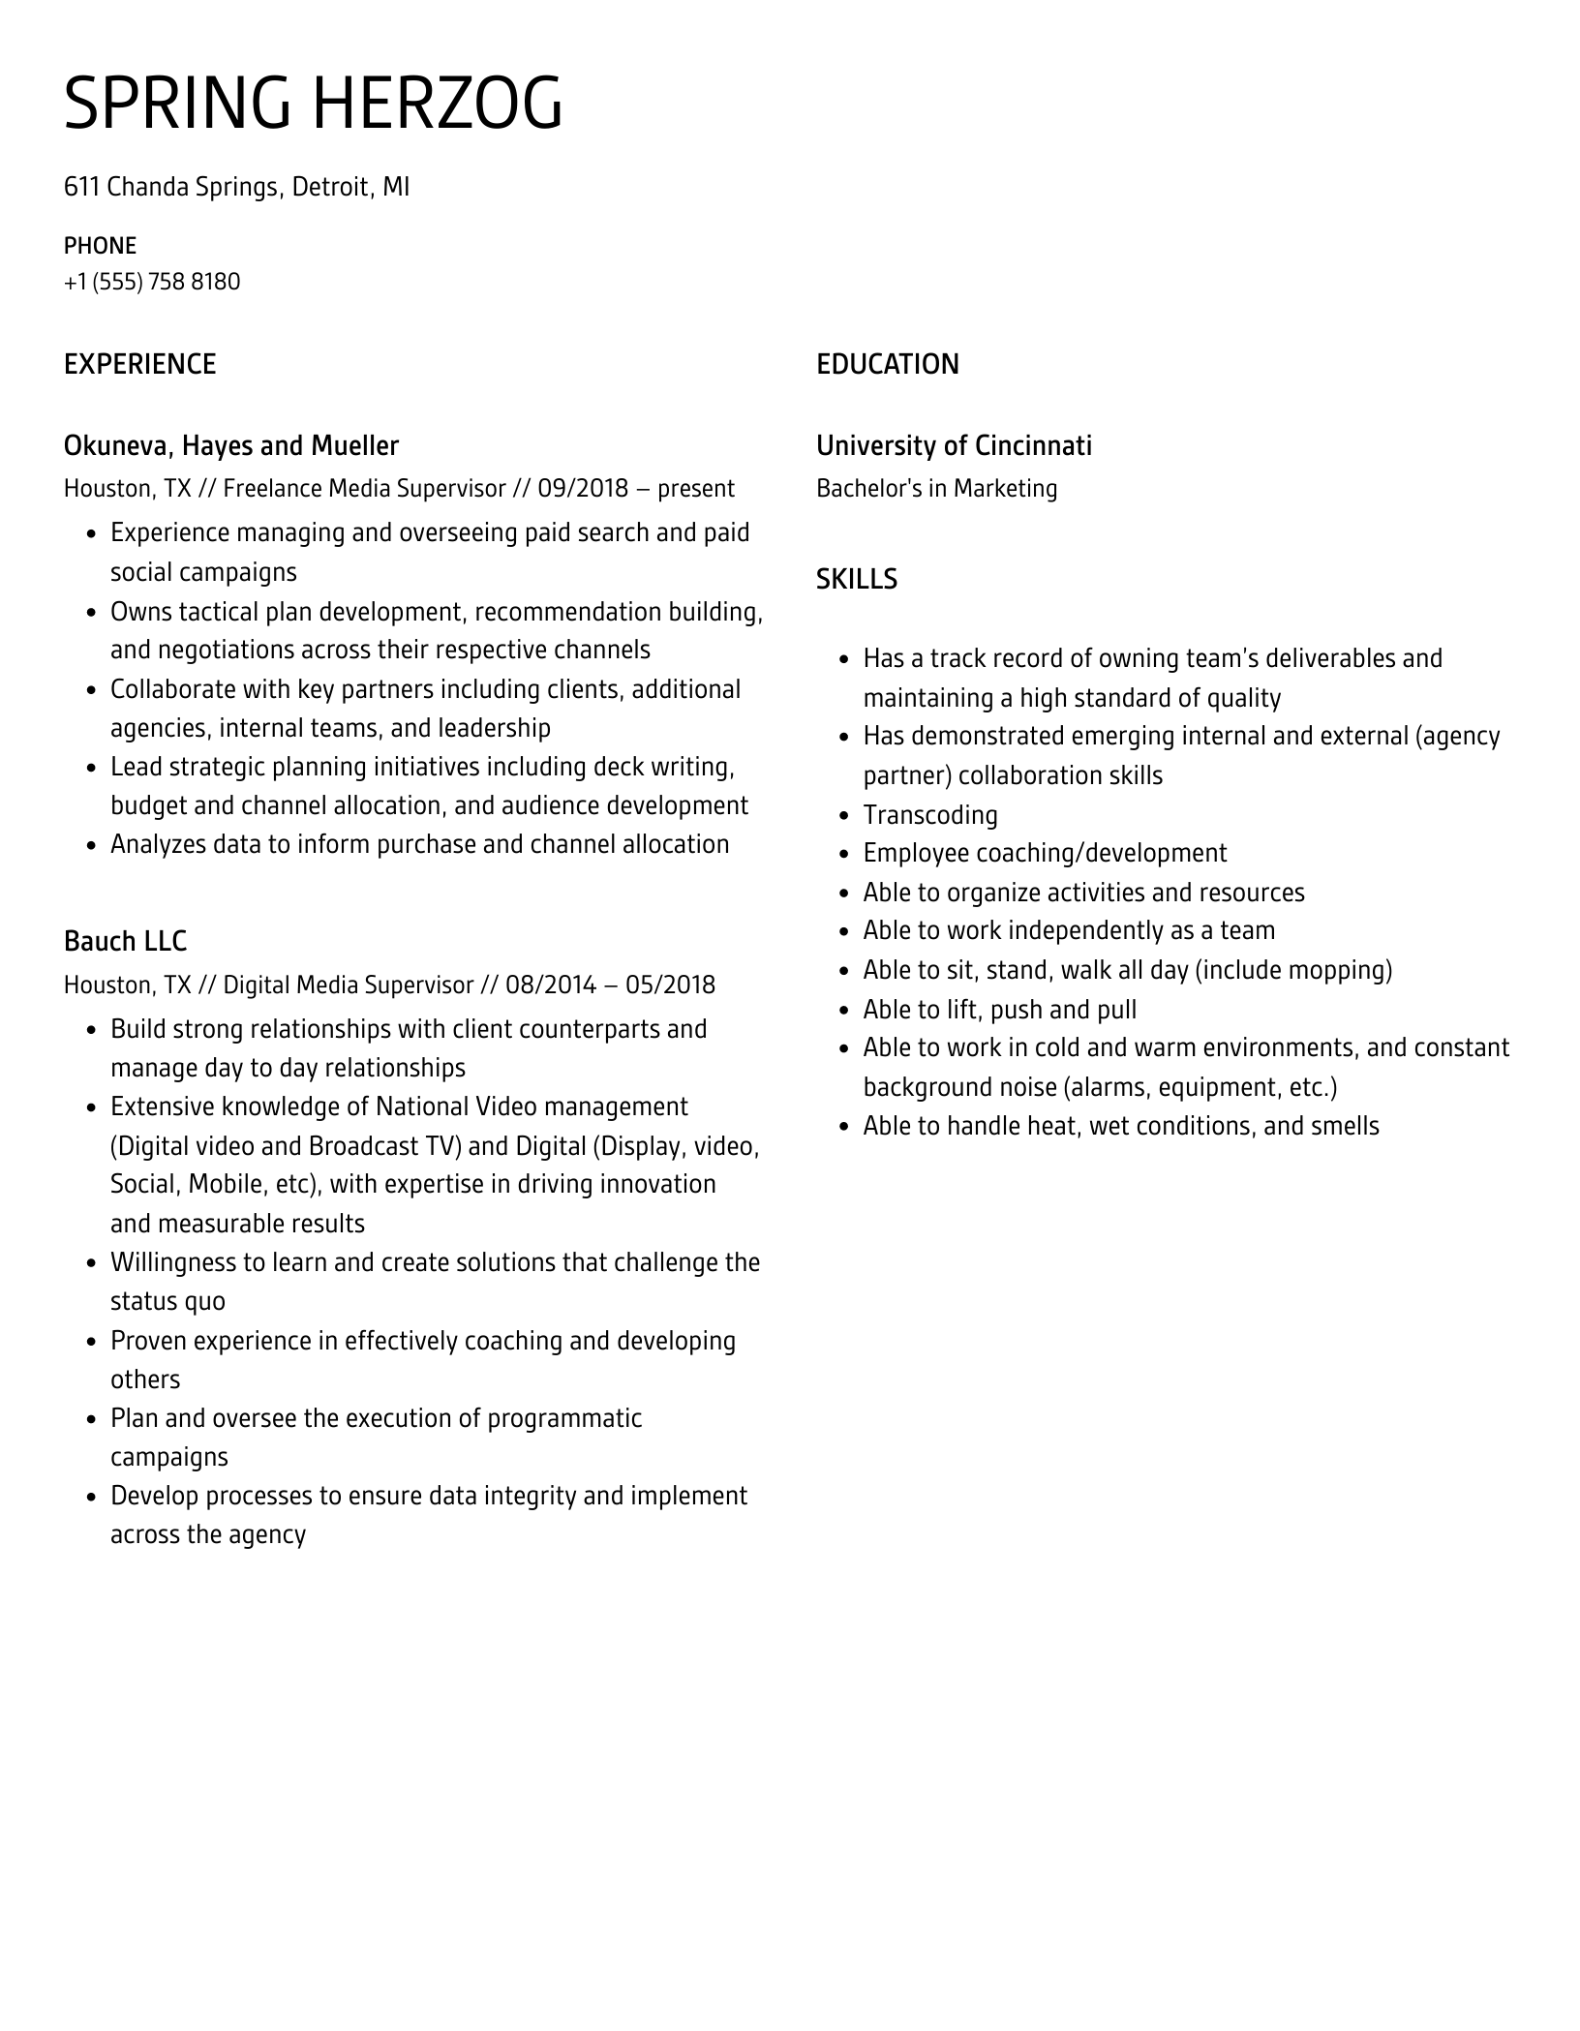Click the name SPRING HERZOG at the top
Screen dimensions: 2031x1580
click(x=313, y=104)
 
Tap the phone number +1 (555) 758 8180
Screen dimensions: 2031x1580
click(x=152, y=282)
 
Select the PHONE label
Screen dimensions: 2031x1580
click(x=100, y=246)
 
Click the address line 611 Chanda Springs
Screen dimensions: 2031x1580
click(x=236, y=187)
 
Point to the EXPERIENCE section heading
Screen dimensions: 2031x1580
click(x=139, y=365)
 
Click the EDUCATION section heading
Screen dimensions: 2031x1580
click(x=887, y=365)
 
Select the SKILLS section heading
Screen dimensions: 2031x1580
click(x=856, y=580)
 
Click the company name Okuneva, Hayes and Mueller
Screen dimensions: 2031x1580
click(x=230, y=446)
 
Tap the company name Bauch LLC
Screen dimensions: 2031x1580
click(x=125, y=942)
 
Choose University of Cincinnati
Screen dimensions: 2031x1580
click(x=954, y=446)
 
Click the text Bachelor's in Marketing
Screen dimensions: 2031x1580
click(x=936, y=489)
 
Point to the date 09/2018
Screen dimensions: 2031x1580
click(x=583, y=489)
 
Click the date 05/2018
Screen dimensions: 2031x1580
click(x=670, y=985)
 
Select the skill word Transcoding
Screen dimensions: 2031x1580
click(x=929, y=815)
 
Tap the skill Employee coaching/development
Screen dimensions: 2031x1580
click(x=1045, y=854)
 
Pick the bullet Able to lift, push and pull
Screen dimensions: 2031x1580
click(x=999, y=1010)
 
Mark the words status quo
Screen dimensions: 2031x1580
click(x=167, y=1302)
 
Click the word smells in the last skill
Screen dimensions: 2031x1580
click(x=1345, y=1126)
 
